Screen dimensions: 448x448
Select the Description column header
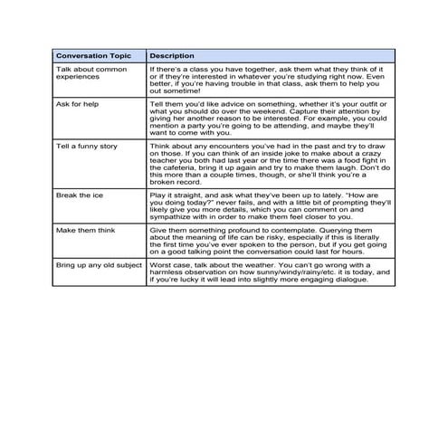(x=172, y=55)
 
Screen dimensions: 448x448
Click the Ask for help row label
(x=77, y=103)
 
